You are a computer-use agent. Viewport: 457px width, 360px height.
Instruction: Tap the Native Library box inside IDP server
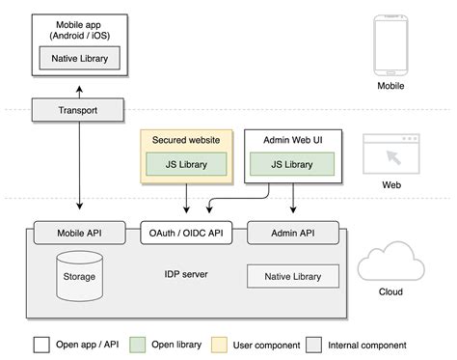[294, 276]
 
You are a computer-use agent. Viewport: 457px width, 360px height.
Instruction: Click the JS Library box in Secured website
[186, 164]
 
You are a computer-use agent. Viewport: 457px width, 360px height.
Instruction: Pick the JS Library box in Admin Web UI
[292, 164]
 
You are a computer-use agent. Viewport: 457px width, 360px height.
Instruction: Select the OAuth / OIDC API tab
[186, 232]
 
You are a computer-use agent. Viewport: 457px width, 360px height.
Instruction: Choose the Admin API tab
[293, 232]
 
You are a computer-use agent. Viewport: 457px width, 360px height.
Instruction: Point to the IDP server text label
[186, 275]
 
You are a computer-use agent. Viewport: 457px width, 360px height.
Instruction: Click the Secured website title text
[186, 141]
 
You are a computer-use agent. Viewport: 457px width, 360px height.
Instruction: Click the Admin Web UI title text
[292, 141]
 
